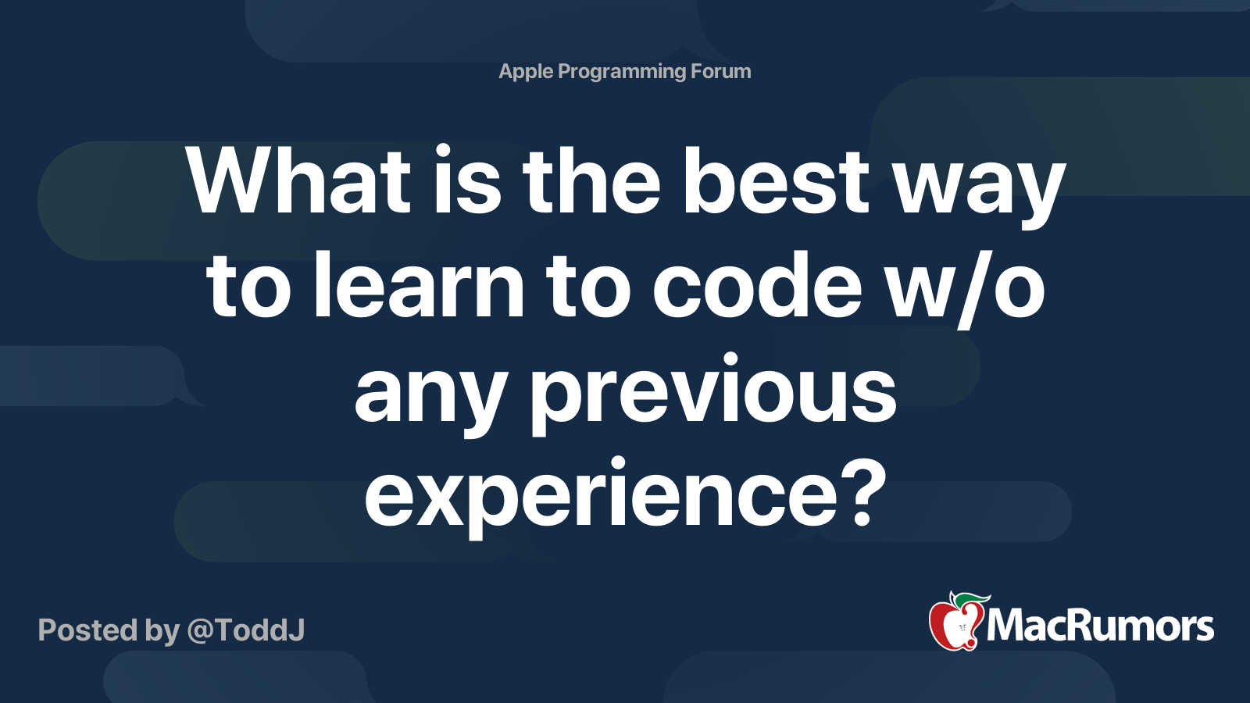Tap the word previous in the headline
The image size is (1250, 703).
point(713,394)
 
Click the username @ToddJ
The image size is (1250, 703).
point(246,630)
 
